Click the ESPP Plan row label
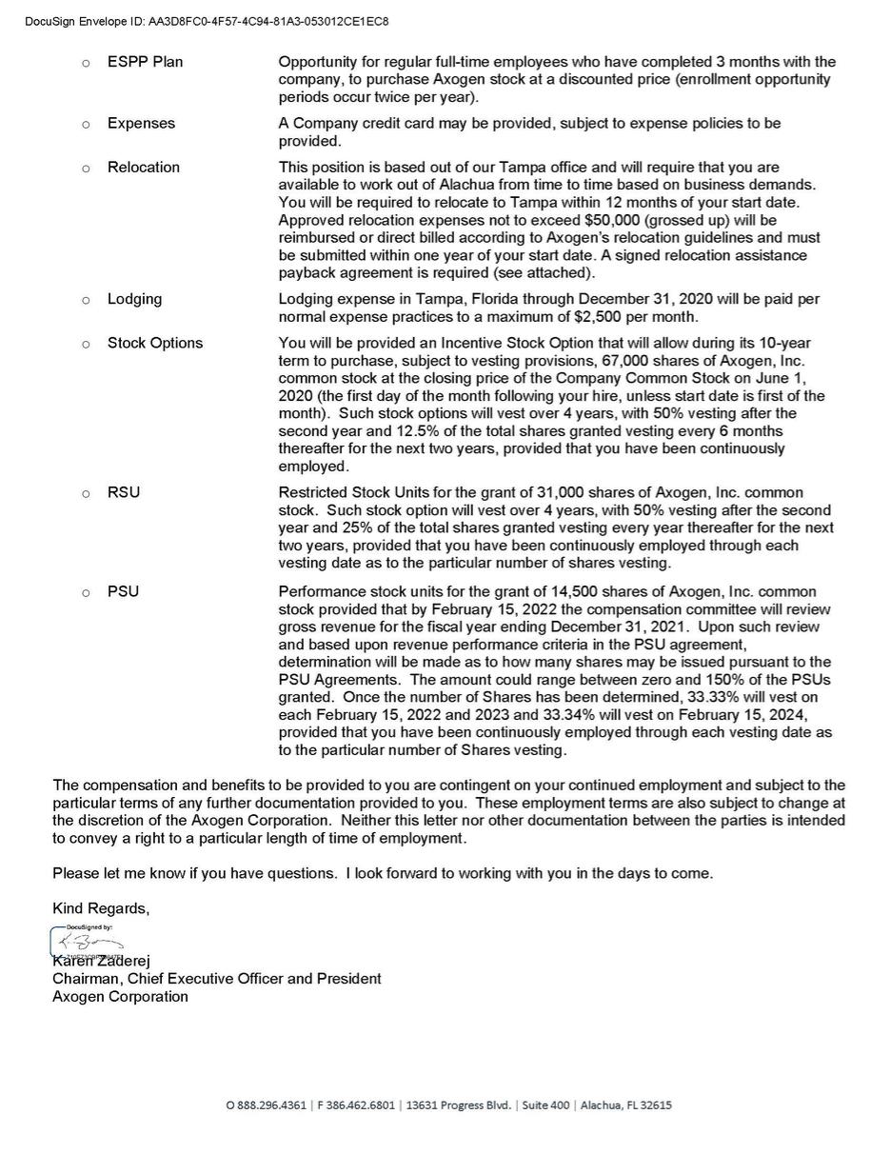tap(145, 62)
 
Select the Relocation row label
tap(143, 168)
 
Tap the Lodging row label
tap(134, 299)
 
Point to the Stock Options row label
tap(154, 343)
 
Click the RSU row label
tap(123, 493)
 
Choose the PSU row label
tap(123, 592)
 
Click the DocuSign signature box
tap(87, 942)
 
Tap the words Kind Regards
tap(101, 908)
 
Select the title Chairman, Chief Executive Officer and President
tap(217, 979)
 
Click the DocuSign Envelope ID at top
tap(206, 21)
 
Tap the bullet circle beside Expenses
tap(86, 125)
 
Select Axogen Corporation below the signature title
tap(120, 997)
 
